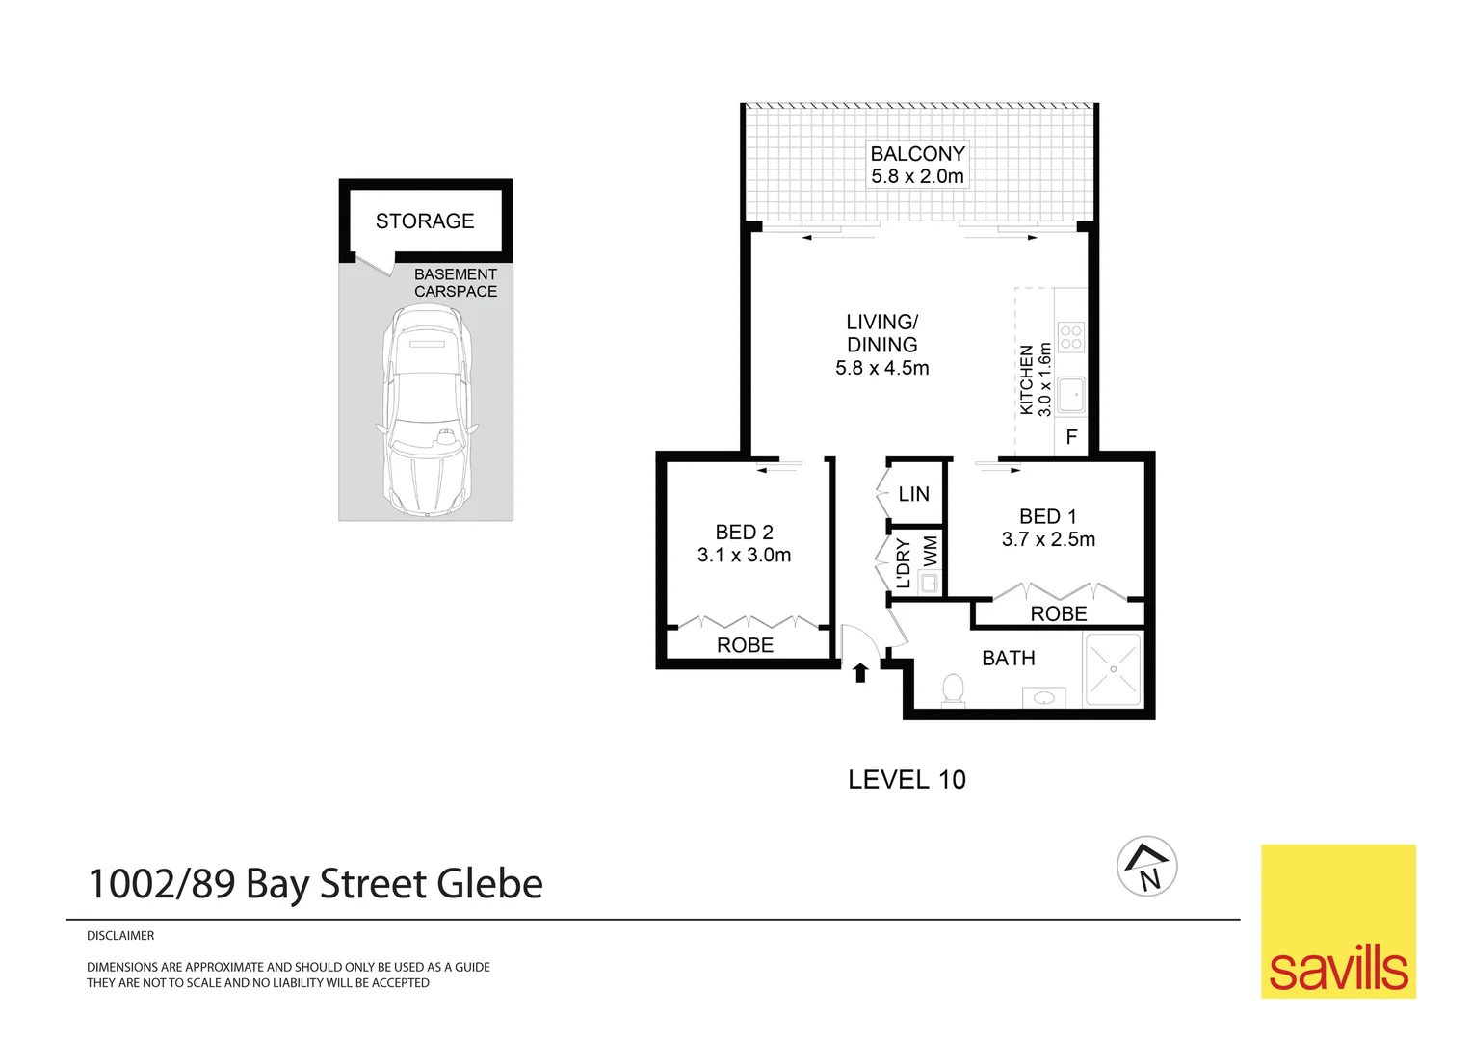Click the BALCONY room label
click(x=916, y=154)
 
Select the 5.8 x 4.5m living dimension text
click(x=881, y=368)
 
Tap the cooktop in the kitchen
click(x=1071, y=337)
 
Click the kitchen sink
click(x=1070, y=395)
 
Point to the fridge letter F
click(x=1071, y=438)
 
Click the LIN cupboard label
click(x=913, y=494)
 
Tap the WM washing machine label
click(x=930, y=552)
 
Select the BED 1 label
click(x=1048, y=517)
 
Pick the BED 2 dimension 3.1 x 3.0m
click(x=744, y=556)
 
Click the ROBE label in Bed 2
click(x=745, y=645)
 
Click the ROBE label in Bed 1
click(x=1058, y=614)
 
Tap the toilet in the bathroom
click(x=952, y=689)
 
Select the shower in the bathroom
click(x=1113, y=669)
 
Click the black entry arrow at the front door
click(x=860, y=672)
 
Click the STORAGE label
click(x=425, y=221)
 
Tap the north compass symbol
click(x=1146, y=866)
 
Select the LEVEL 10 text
click(x=907, y=780)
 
